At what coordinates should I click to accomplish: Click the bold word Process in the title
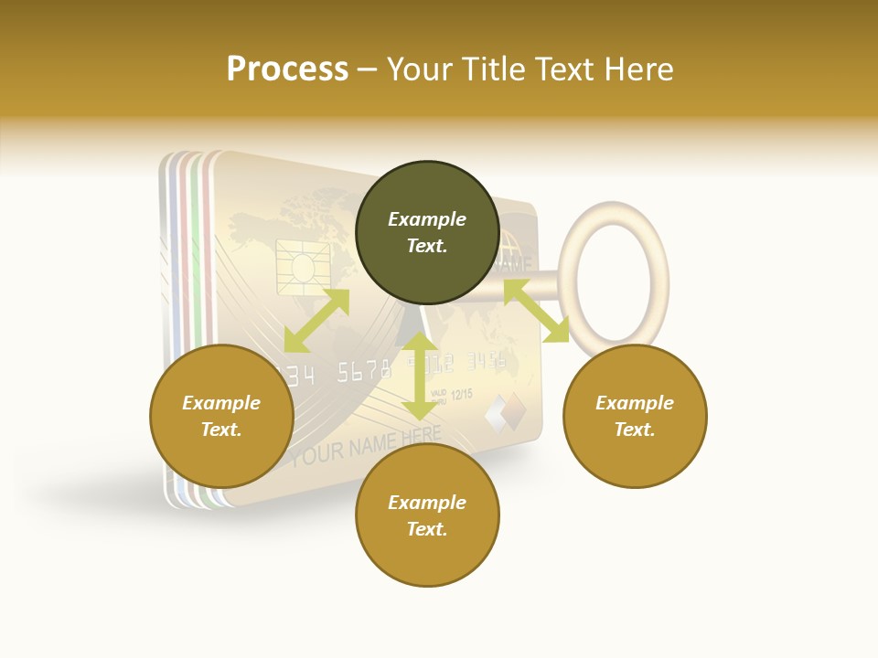287,69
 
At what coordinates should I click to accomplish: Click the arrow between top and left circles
316,321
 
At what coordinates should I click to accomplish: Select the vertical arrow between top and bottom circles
419,376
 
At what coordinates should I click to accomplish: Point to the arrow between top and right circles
536,311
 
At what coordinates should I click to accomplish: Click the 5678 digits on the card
364,371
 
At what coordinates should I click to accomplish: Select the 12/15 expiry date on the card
462,394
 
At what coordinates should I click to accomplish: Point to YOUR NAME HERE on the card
366,446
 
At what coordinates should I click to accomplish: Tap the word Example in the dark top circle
427,219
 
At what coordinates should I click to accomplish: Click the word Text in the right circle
635,430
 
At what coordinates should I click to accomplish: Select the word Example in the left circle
221,403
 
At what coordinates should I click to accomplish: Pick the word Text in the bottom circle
427,529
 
